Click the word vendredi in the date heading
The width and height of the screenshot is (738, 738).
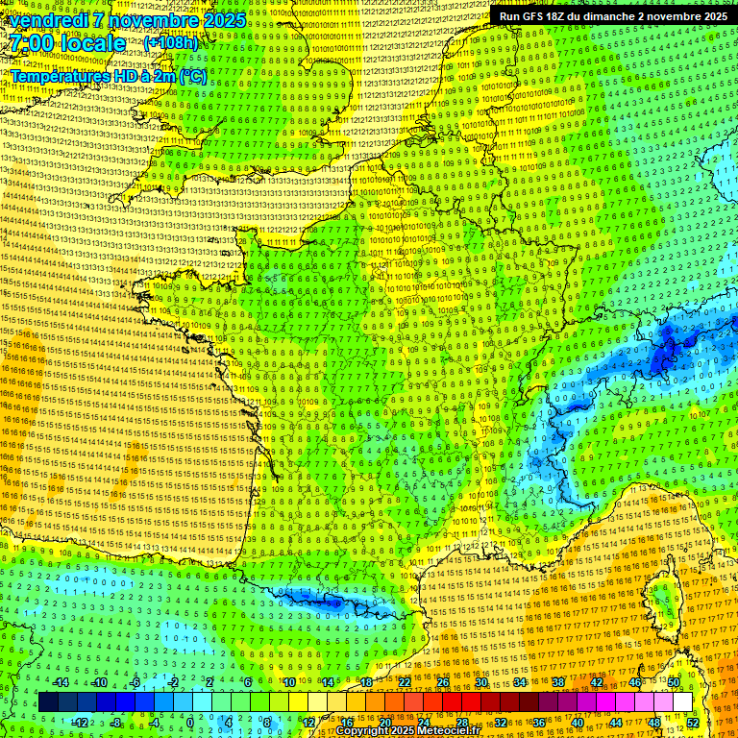coord(47,20)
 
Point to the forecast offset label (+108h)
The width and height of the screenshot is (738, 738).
coord(170,43)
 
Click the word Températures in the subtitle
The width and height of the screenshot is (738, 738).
coord(60,76)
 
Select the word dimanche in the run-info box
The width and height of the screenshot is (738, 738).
coord(633,16)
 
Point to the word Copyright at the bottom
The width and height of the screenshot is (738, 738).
coord(366,730)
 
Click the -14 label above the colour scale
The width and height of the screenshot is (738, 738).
coord(61,682)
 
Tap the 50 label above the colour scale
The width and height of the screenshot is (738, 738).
coord(674,682)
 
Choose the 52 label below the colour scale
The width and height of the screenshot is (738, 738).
coord(693,723)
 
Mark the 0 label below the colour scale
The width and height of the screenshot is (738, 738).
coord(190,723)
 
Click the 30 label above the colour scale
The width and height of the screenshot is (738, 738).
coord(480,682)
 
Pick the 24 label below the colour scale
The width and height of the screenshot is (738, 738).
coord(424,723)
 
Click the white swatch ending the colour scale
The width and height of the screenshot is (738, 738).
coord(682,702)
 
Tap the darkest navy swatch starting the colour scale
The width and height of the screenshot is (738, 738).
coord(48,702)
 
